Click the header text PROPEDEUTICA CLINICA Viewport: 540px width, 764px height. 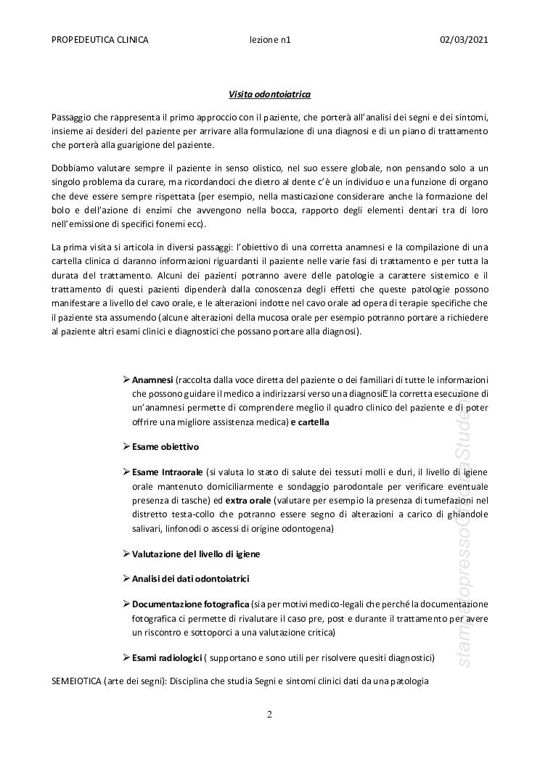[100, 40]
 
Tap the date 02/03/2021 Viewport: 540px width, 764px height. [464, 40]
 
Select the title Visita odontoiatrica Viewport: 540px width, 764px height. [269, 94]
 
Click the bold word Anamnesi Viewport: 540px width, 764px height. [152, 379]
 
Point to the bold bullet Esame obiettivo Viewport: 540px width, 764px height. [165, 446]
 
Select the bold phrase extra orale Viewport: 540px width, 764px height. [250, 501]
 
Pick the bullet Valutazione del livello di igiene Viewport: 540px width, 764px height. [196, 554]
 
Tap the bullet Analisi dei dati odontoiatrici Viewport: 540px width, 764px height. [191, 578]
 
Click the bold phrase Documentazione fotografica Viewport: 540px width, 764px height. [191, 604]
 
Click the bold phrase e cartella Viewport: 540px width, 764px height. [309, 422]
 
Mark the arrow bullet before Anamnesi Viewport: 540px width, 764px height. [126, 379]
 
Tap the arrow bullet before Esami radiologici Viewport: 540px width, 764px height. [126, 657]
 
